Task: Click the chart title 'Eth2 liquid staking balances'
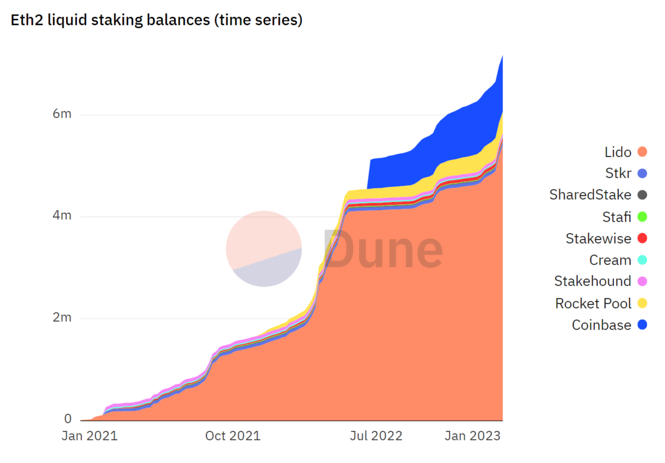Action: coord(156,20)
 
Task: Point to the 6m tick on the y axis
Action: coord(62,114)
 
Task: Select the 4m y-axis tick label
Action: coord(62,215)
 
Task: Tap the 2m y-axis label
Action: coord(62,317)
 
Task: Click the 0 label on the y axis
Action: coord(68,419)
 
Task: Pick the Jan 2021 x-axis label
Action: coord(89,436)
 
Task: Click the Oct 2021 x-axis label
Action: coord(233,436)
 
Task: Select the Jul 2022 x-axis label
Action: coord(376,436)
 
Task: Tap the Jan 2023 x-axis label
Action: coord(472,436)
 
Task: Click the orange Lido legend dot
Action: coord(642,152)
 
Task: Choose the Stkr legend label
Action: coord(618,173)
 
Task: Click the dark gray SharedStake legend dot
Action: coord(642,195)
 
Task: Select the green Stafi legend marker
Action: coord(642,217)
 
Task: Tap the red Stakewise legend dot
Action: coord(642,238)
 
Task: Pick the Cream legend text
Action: coord(610,260)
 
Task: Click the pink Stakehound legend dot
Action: coord(642,281)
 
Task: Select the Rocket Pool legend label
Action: coord(593,303)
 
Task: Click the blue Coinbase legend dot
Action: coord(642,325)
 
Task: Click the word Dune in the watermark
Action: coord(383,249)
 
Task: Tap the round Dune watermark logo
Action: coord(264,249)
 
